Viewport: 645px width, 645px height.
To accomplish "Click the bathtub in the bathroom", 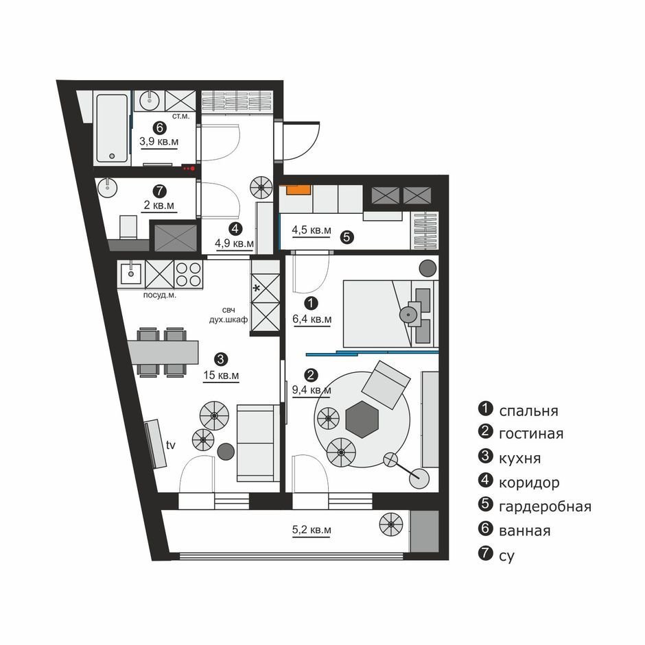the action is click(112, 128).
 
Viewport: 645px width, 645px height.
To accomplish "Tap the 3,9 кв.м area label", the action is click(159, 142).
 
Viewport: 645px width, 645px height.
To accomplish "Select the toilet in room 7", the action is click(128, 227).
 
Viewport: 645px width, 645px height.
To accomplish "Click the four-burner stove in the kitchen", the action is click(188, 275).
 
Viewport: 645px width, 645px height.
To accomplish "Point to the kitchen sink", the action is click(131, 273).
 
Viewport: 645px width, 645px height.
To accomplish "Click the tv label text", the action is click(171, 445).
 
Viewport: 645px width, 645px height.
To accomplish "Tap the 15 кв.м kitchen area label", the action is click(221, 375).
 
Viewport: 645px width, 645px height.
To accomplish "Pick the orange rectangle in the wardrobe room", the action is click(298, 190).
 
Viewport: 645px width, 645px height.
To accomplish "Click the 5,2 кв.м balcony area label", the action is click(312, 530).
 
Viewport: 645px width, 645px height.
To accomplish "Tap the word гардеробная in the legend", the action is click(545, 507).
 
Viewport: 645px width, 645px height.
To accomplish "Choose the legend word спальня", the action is click(528, 411).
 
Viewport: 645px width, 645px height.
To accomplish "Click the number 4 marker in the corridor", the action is click(235, 228).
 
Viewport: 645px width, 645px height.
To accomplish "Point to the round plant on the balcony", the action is click(391, 524).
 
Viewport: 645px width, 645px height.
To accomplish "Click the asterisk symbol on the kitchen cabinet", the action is click(256, 289).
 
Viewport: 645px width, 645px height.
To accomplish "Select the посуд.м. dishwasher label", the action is click(159, 295).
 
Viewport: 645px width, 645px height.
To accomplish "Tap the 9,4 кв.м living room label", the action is click(312, 389).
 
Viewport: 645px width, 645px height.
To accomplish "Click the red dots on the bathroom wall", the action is click(189, 168).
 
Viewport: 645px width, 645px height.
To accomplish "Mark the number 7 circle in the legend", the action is click(486, 553).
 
